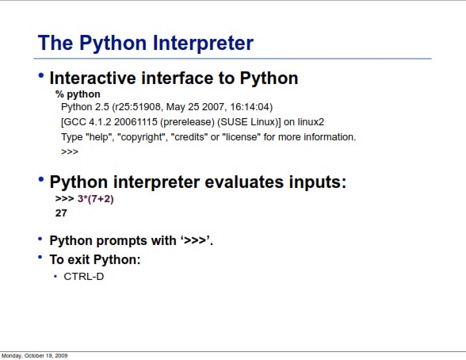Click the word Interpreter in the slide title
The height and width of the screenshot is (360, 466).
[203, 44]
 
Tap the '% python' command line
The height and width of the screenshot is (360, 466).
[78, 94]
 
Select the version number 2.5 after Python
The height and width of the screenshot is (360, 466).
[102, 107]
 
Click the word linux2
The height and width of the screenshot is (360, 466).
[311, 122]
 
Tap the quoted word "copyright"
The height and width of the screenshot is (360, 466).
[141, 137]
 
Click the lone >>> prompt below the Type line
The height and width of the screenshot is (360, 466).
[70, 152]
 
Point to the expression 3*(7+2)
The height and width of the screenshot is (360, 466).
[96, 198]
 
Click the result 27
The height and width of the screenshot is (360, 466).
[61, 213]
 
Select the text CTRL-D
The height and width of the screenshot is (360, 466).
[84, 277]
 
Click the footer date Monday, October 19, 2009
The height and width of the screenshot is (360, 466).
[35, 356]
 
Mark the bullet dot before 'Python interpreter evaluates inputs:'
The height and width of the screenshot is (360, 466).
[41, 179]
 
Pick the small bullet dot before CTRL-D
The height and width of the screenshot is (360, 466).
[55, 277]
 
